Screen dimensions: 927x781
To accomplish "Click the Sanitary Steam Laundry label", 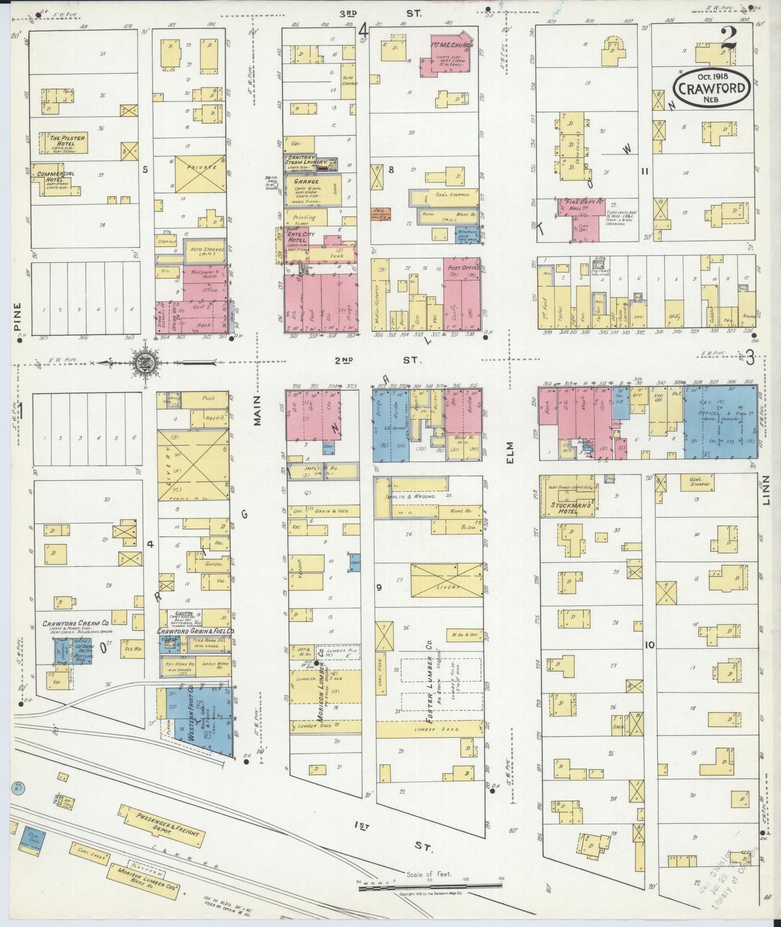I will pos(305,160).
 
